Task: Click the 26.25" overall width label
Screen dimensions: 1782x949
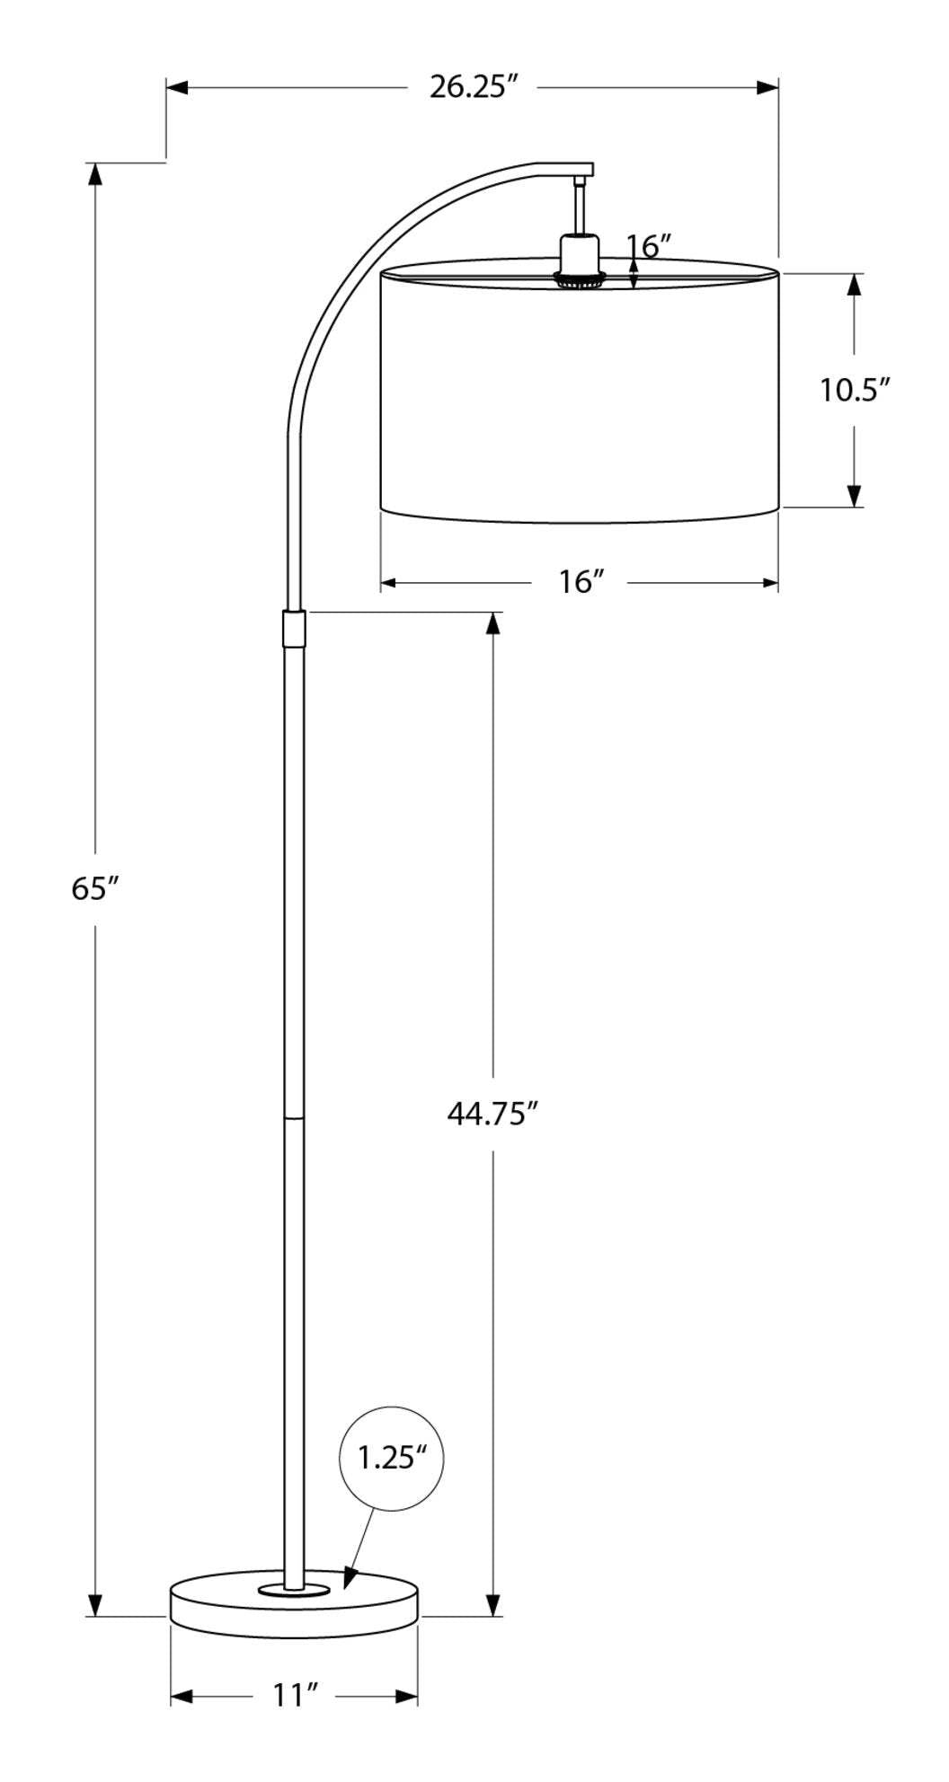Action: point(474,87)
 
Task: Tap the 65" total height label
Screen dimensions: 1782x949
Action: point(95,888)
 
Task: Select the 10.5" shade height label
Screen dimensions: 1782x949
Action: point(854,390)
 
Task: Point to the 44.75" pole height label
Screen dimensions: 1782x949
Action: point(492,1113)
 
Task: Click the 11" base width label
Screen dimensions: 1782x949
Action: point(296,1695)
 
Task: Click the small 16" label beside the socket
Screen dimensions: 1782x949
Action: point(649,244)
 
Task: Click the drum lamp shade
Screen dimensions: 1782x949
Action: point(580,395)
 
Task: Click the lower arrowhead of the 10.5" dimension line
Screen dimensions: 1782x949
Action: point(854,497)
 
